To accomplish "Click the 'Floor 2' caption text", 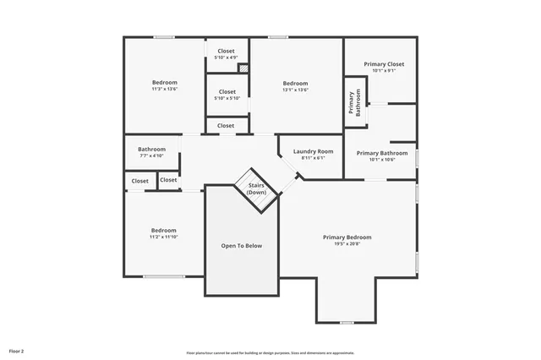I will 17,350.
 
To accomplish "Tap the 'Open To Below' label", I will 242,246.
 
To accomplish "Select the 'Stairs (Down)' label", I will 256,188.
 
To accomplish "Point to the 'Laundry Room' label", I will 313,151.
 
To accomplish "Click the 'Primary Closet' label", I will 384,64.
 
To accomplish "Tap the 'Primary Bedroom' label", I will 347,237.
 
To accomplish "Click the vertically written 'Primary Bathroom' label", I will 353,101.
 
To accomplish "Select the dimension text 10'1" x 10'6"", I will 382,160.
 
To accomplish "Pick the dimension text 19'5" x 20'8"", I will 347,243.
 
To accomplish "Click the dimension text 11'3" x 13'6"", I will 164,89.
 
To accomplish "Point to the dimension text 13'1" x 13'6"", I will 295,90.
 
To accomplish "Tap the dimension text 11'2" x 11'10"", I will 164,237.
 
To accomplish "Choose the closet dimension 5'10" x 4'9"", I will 227,57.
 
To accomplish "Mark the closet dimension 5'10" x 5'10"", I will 227,98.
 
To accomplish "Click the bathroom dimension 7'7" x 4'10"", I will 151,155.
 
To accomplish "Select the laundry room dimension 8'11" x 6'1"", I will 313,158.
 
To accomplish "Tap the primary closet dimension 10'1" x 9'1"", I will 384,71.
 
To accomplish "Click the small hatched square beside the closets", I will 243,68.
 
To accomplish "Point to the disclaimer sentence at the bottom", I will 270,353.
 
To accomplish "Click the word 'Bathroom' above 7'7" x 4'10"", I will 151,150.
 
